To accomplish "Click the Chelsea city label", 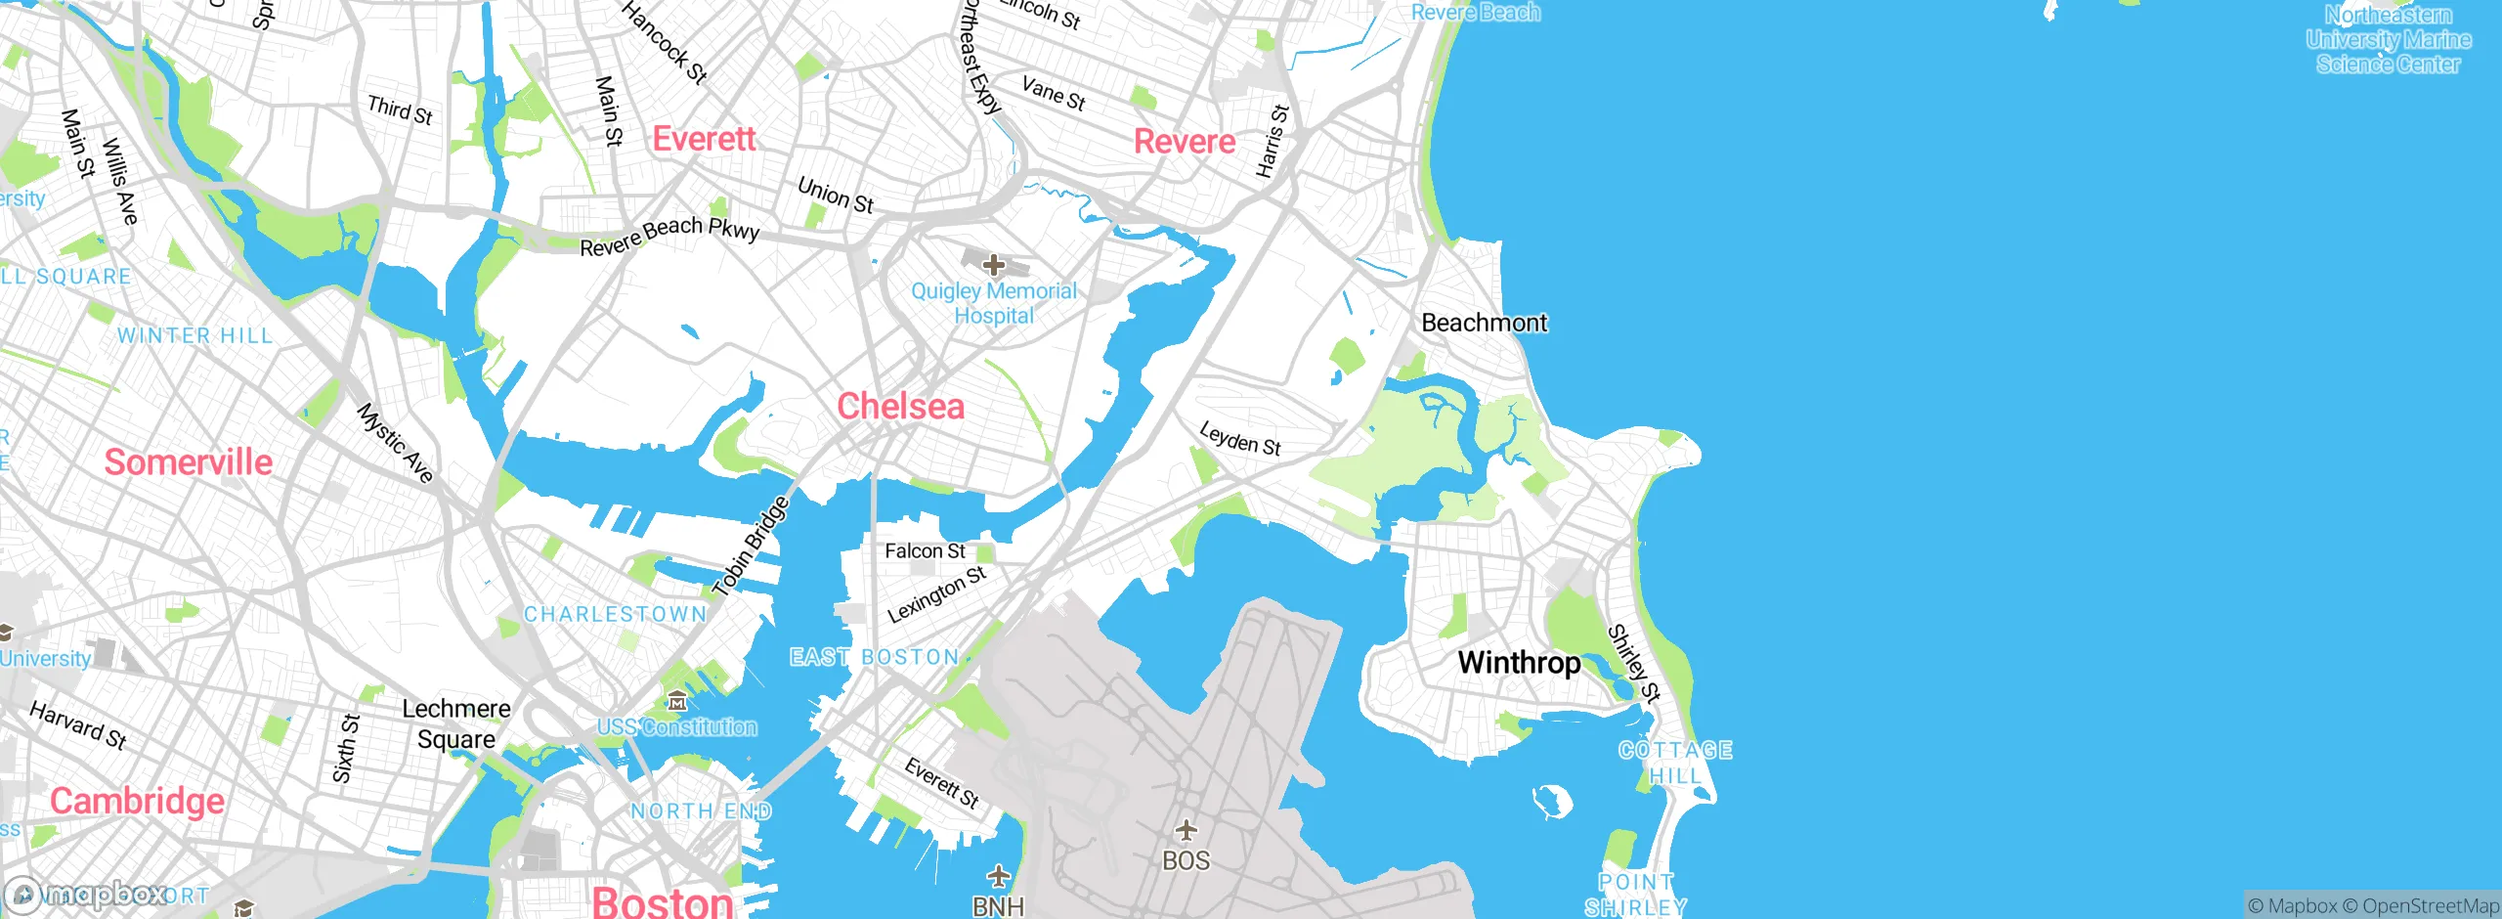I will point(900,407).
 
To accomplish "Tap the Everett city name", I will point(704,139).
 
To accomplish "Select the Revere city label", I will point(1185,142).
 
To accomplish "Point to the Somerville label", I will point(189,462).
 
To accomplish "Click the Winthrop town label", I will point(1519,663).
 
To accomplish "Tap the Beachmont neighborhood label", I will point(1484,323).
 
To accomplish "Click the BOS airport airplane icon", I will point(1186,831).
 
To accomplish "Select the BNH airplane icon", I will point(998,875).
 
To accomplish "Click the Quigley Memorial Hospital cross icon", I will point(994,265).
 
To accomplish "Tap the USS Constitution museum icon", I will point(677,701).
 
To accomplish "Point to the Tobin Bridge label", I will point(752,547).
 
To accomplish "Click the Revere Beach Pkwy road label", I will point(669,236).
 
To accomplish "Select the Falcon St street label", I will point(925,551).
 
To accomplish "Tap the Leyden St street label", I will point(1239,439).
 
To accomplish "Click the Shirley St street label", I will point(1633,664).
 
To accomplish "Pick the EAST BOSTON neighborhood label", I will point(874,657).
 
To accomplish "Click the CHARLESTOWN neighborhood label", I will point(615,614).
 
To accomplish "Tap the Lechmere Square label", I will point(456,723).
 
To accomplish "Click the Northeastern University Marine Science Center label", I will point(2388,40).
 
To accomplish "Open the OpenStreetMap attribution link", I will point(2430,906).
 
